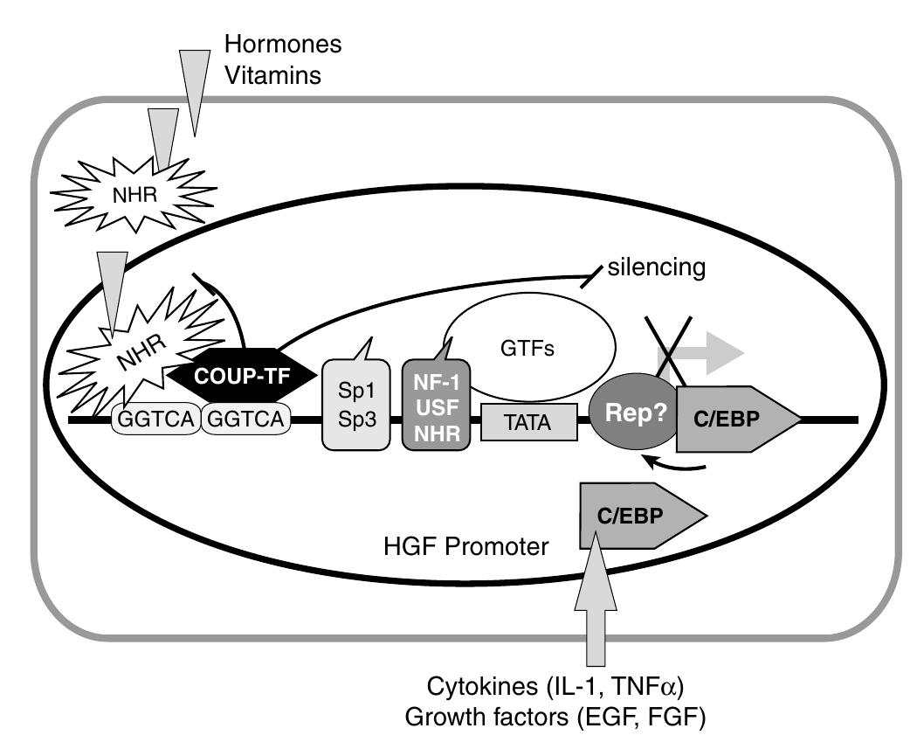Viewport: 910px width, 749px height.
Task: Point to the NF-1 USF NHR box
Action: pyautogui.click(x=436, y=404)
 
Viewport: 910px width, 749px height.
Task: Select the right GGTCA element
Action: pyautogui.click(x=245, y=421)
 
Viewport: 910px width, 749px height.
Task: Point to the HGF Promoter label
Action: pyautogui.click(x=466, y=547)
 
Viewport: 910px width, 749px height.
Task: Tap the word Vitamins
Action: pyautogui.click(x=272, y=74)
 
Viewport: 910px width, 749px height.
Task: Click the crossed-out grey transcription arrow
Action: pyautogui.click(x=704, y=354)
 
